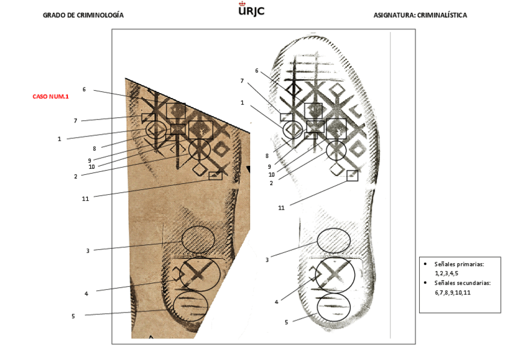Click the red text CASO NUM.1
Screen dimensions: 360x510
tap(51, 96)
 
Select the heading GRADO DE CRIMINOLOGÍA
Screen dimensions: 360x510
tap(83, 15)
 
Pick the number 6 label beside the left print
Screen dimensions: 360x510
tap(84, 90)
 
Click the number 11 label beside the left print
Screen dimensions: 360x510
tap(85, 198)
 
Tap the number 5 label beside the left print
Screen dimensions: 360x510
tap(73, 316)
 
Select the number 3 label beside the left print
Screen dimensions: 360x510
tap(87, 251)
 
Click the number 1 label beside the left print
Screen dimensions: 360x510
tap(60, 139)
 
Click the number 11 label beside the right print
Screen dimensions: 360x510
tap(281, 207)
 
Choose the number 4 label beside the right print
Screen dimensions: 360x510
tap(276, 302)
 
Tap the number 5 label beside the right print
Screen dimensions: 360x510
tap(286, 322)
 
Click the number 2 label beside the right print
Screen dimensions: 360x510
tap(271, 183)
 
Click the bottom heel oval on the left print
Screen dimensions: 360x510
tap(190, 304)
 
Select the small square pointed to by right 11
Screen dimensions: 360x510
tap(352, 175)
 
